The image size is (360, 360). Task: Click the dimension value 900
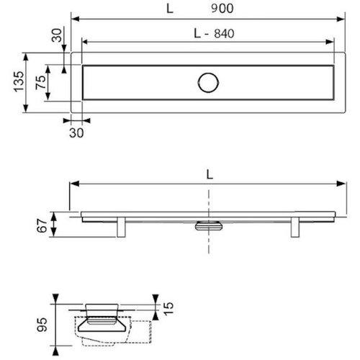pos(222,9)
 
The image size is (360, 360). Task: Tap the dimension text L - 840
pos(214,34)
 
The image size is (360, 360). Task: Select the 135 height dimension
pos(19,81)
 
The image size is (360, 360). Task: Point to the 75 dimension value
pos(41,82)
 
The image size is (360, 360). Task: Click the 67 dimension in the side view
pos(42,225)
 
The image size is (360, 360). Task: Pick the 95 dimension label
pos(42,325)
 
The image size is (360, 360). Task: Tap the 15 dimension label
pos(168,309)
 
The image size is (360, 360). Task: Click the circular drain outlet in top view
pos(208,83)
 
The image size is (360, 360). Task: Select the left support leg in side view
pos(121,227)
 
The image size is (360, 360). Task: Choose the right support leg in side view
pos(295,227)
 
